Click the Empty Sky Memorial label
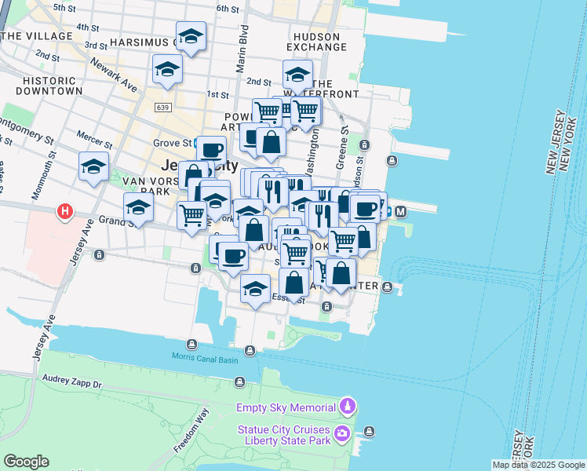tap(286, 407)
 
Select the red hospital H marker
tap(66, 212)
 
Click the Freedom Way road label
tap(191, 431)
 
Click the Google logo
tap(26, 462)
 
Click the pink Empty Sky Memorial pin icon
tap(347, 407)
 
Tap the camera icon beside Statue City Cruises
tap(341, 433)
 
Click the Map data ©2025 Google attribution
tap(538, 465)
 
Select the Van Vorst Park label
tap(146, 186)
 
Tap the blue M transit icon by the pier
tap(400, 211)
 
